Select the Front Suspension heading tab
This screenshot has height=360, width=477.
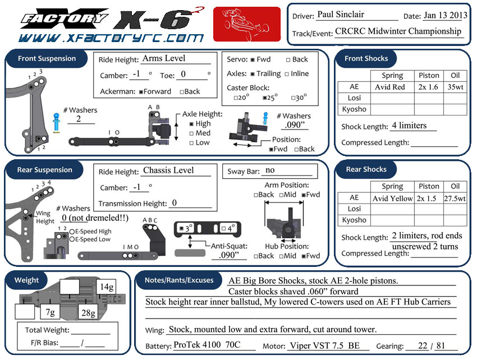tap(47, 58)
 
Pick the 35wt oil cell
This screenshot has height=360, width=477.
tap(455, 87)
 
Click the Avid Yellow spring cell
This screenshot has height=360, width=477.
tap(392, 198)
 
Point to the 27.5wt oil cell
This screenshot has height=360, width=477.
tap(455, 198)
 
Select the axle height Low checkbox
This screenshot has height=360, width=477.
tap(192, 143)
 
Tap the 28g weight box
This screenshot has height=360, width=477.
tap(87, 312)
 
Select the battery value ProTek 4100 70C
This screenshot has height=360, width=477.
tap(207, 345)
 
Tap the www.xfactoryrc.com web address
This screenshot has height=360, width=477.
tap(110, 38)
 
